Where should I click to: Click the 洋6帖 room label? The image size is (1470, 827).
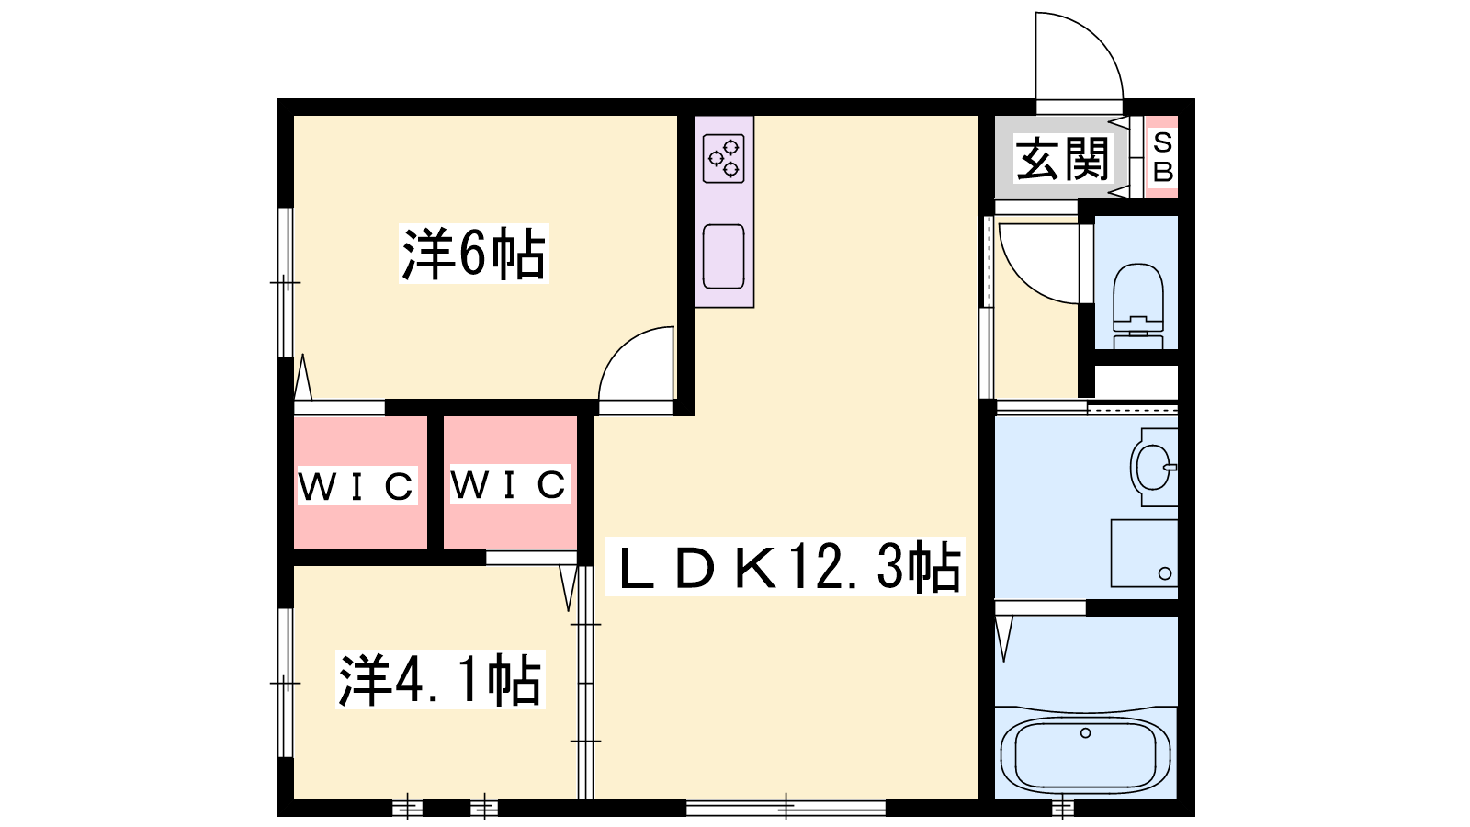[x=473, y=254]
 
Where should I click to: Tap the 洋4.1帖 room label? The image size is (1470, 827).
[x=440, y=679]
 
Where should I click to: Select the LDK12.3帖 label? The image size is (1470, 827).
[x=785, y=566]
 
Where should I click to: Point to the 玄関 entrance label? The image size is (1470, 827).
[x=1062, y=158]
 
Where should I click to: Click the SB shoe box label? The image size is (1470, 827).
[x=1163, y=157]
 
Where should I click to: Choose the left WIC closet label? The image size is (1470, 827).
[x=357, y=486]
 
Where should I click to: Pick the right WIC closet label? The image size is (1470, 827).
[x=508, y=484]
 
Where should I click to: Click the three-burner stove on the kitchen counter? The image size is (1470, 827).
[x=723, y=158]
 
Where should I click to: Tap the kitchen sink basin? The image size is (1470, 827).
[x=723, y=256]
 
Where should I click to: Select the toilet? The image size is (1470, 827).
[x=1138, y=305]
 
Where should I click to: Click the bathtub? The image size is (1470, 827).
[x=1085, y=754]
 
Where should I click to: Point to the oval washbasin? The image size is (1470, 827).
[x=1153, y=467]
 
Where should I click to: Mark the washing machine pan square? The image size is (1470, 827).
[x=1144, y=553]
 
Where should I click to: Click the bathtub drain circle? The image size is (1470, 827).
[x=1085, y=732]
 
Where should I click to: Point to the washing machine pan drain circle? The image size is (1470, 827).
[x=1165, y=573]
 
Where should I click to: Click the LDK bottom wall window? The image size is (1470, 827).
[x=786, y=808]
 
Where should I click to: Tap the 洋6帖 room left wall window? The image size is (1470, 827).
[x=285, y=282]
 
